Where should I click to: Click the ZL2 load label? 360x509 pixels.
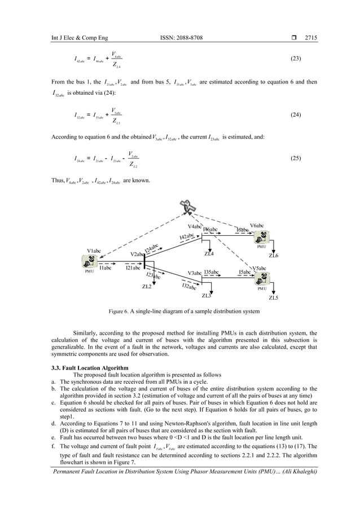coord(147,287)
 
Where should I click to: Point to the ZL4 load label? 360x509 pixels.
coord(209,253)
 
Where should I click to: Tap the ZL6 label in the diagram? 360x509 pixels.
coord(274,256)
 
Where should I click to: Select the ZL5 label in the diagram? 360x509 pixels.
coord(274,297)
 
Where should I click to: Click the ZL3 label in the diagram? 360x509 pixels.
coord(207,295)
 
